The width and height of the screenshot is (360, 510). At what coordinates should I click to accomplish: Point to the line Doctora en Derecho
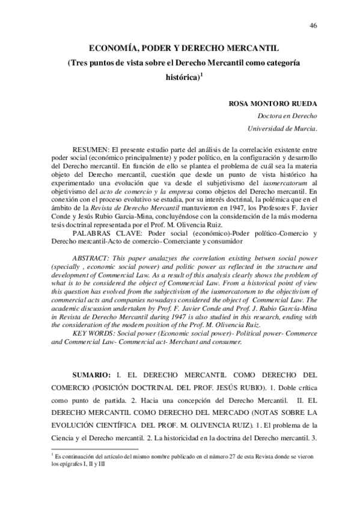287,116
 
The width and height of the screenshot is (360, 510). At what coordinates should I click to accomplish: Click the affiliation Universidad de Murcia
282,129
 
